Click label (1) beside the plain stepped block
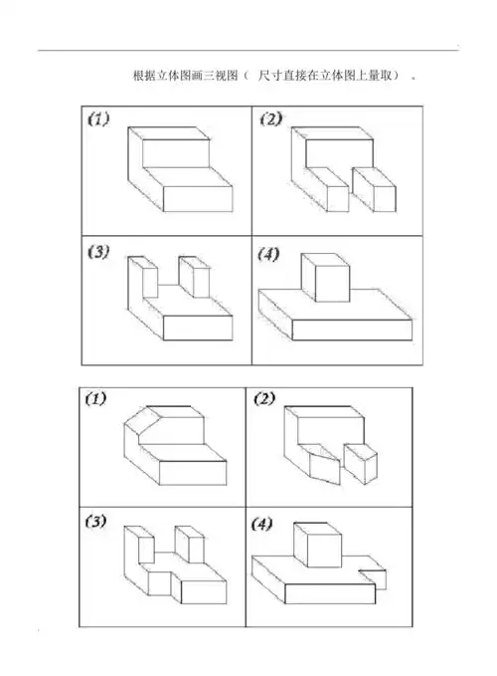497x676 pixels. [x=98, y=118]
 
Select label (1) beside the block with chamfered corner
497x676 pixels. [x=96, y=398]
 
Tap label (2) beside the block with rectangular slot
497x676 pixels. [x=270, y=118]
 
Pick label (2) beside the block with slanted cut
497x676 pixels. [x=264, y=398]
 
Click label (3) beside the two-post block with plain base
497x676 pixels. [x=98, y=252]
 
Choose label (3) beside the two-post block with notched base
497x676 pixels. [x=95, y=522]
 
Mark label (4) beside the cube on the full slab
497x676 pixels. [x=268, y=254]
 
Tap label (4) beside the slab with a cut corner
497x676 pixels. [x=261, y=524]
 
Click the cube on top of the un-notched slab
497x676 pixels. [x=326, y=278]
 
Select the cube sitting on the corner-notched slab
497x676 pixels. [x=318, y=545]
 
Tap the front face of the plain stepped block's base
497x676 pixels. [x=198, y=199]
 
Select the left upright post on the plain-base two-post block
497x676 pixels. [x=143, y=277]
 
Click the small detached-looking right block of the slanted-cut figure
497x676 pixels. [x=361, y=464]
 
